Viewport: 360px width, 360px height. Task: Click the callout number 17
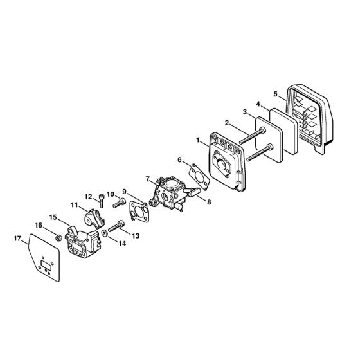pyautogui.click(x=17, y=239)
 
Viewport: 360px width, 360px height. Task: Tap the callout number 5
pyautogui.click(x=276, y=94)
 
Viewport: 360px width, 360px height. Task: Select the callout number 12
pyautogui.click(x=89, y=197)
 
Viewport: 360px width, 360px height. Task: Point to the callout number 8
pyautogui.click(x=209, y=202)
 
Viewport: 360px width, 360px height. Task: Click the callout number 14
pyautogui.click(x=122, y=244)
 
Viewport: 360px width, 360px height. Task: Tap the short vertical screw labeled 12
pyautogui.click(x=101, y=200)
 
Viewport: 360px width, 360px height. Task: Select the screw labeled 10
pyautogui.click(x=120, y=203)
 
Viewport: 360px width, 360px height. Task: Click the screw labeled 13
pyautogui.click(x=116, y=226)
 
